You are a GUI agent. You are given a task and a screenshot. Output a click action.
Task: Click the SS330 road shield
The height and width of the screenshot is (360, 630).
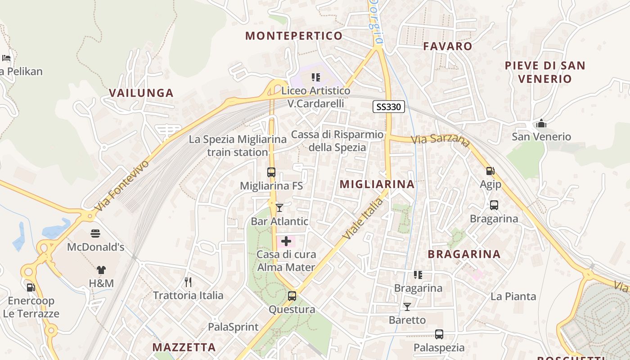tap(389, 107)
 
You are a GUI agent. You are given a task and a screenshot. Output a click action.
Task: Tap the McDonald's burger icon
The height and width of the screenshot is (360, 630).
tap(95, 234)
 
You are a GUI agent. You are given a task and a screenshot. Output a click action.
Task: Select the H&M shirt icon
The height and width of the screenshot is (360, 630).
tap(101, 270)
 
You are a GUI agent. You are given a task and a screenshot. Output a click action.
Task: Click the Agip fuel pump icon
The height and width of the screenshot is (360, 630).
tap(490, 171)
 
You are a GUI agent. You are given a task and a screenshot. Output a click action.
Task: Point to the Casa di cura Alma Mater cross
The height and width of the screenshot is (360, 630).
tap(286, 241)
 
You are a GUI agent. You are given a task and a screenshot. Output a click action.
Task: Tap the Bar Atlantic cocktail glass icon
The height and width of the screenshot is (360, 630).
tap(279, 207)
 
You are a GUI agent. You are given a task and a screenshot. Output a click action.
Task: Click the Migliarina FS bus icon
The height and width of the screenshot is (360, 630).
tap(271, 172)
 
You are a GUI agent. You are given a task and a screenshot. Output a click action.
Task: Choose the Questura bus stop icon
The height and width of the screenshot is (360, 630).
tap(292, 296)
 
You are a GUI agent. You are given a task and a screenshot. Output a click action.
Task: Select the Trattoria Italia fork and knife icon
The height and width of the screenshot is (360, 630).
tap(188, 282)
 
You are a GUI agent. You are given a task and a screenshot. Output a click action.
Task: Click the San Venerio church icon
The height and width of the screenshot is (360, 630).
tap(541, 123)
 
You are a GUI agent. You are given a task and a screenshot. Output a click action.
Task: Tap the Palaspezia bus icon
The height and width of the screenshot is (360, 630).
tap(439, 334)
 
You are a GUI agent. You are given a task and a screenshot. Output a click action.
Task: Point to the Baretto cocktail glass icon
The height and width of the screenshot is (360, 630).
tap(407, 307)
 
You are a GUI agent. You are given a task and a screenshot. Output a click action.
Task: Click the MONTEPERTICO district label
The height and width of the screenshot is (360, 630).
tap(294, 36)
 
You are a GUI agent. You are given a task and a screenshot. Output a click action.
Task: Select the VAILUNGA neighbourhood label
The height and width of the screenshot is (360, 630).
tap(141, 93)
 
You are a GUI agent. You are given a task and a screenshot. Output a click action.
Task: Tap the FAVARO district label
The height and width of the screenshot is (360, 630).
tap(448, 46)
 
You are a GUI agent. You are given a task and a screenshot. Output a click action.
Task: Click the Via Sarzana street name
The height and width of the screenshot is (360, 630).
tap(440, 139)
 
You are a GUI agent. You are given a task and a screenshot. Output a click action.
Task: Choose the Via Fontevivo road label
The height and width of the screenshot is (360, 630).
tap(122, 185)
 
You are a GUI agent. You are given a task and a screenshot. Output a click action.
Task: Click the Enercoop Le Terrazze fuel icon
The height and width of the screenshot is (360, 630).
tap(31, 287)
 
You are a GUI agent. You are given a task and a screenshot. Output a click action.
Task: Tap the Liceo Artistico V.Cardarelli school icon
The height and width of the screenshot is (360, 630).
tap(316, 77)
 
